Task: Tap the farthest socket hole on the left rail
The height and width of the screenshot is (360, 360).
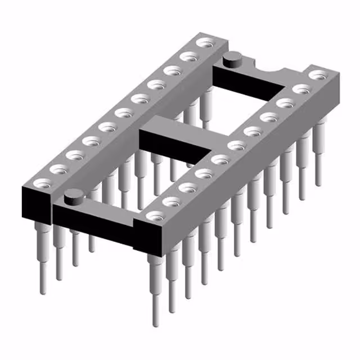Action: (x=206, y=42)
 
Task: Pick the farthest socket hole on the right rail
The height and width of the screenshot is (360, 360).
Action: (x=318, y=74)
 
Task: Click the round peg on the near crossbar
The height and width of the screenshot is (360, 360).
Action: (x=71, y=197)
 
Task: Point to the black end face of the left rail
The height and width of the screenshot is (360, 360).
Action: (x=36, y=202)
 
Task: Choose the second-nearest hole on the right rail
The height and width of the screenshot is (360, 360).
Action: (x=170, y=201)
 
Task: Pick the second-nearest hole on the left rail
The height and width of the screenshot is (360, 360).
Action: (x=57, y=168)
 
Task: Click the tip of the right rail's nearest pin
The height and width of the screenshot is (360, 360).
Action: (x=156, y=323)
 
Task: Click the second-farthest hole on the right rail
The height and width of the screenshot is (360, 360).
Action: (x=302, y=88)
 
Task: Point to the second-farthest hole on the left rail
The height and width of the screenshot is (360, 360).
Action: (x=190, y=56)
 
